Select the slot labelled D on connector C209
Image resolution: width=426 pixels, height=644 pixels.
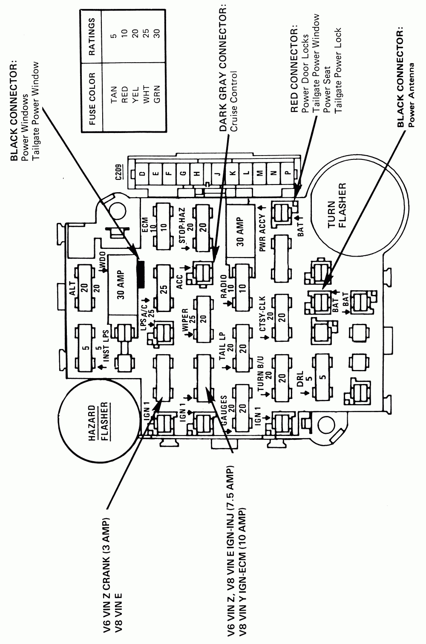click(x=143, y=173)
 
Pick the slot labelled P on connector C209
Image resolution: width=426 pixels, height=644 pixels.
click(x=288, y=173)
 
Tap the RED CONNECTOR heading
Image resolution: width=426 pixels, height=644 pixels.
click(x=294, y=71)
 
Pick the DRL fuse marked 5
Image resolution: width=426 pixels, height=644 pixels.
click(x=322, y=376)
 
